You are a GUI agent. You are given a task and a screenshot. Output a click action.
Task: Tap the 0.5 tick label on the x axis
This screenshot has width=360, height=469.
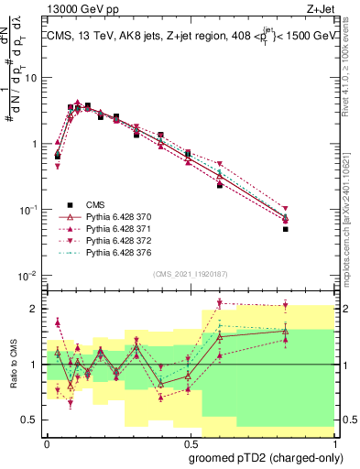pyautogui.click(x=188, y=441)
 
